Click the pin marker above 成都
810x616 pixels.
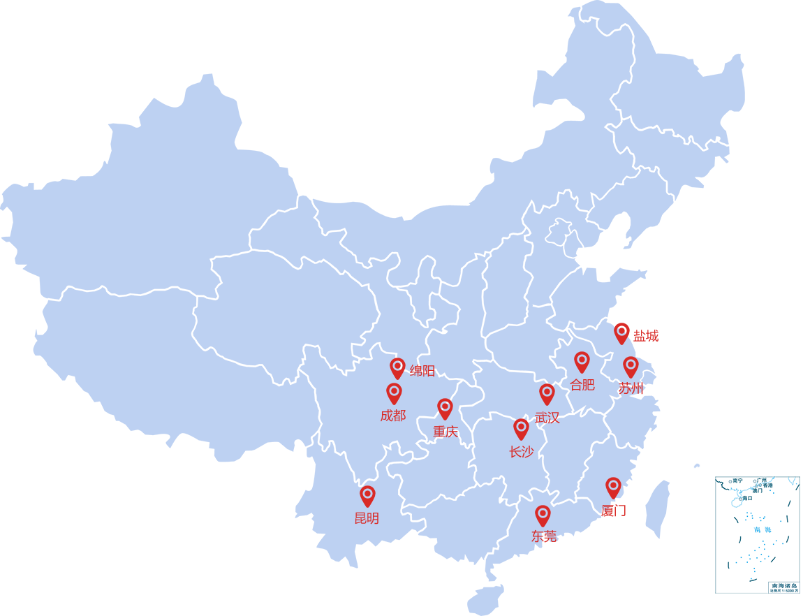coord(394,393)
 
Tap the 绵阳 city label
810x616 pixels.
coord(422,371)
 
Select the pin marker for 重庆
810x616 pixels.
coord(445,408)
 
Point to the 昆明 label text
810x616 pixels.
coord(367,518)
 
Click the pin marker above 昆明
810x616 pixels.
coord(367,495)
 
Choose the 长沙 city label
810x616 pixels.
coord(522,452)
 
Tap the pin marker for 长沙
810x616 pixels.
coord(521,428)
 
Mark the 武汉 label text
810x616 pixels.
coord(547,418)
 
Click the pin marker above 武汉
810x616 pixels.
coord(547,393)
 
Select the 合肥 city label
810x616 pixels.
coord(582,385)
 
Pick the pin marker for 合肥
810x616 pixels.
coord(582,361)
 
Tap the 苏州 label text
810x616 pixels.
coord(631,388)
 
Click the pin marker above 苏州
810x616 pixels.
coord(631,366)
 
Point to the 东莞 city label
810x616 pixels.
coord(544,536)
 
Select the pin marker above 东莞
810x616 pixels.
coord(543,515)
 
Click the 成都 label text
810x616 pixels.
coord(393,416)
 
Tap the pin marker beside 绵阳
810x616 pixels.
coord(397,367)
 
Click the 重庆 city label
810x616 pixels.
coord(445,432)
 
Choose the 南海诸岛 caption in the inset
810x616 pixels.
coord(784,585)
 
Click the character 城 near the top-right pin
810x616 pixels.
coord(652,337)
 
